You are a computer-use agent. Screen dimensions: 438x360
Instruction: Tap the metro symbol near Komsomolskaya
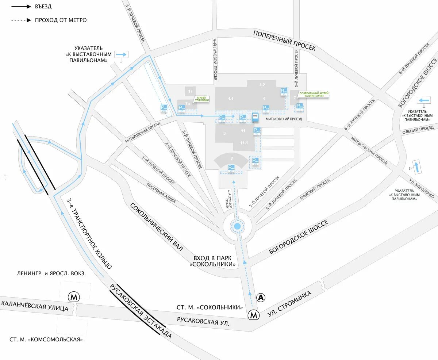click(74, 296)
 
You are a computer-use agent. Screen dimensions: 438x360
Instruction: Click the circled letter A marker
click(261, 298)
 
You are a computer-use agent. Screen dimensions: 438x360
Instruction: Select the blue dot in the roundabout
click(237, 227)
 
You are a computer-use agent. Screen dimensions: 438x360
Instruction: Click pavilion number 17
click(190, 91)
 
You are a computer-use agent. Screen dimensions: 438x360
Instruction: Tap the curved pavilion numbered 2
click(231, 159)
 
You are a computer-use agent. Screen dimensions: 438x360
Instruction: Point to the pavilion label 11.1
click(244, 143)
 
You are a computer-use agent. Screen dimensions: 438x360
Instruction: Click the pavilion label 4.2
click(262, 85)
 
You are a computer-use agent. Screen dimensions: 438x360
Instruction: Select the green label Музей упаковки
click(203, 99)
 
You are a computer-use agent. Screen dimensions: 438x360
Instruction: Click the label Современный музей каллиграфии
click(314, 94)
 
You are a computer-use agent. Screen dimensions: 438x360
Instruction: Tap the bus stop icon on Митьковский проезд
click(255, 118)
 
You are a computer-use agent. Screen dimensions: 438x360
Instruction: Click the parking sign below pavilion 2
click(231, 168)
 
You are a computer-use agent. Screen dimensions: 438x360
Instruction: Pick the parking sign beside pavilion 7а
click(181, 108)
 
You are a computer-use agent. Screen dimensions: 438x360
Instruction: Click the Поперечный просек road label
click(284, 41)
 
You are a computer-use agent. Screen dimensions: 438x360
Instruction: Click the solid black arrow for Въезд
click(21, 7)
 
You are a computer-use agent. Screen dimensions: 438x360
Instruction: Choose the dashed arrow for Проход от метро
click(21, 20)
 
